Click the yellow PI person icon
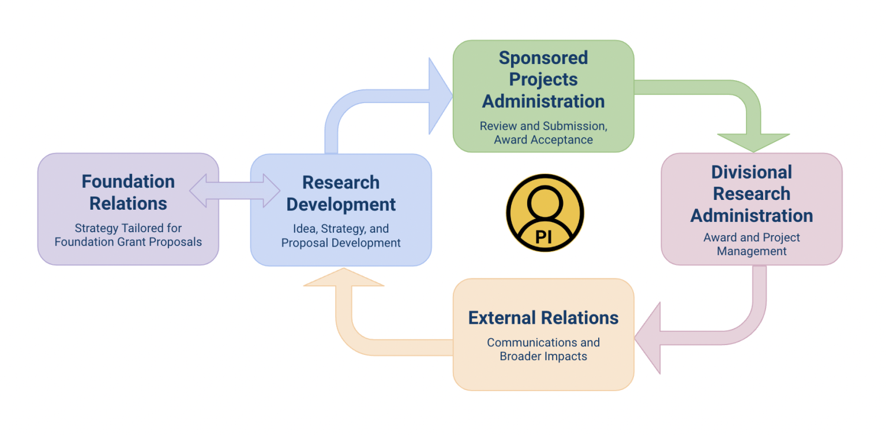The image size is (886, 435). [x=545, y=212]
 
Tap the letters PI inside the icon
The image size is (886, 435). [x=545, y=237]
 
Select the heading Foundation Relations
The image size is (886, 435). [x=128, y=192]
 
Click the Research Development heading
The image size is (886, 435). [x=341, y=194]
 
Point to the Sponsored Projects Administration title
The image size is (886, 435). [x=543, y=80]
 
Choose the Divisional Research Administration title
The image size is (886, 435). [x=752, y=194]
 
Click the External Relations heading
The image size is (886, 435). [x=543, y=318]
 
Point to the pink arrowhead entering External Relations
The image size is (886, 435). [x=649, y=339]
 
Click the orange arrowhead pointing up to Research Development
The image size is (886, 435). [x=344, y=279]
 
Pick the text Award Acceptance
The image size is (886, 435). [x=543, y=140]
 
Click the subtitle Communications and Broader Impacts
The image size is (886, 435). [x=543, y=349]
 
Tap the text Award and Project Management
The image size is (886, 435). [x=752, y=244]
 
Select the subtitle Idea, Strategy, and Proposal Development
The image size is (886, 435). [x=341, y=236]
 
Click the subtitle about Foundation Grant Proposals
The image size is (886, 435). [x=128, y=235]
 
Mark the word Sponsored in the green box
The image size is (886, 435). [x=543, y=58]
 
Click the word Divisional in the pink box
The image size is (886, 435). [x=752, y=172]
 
